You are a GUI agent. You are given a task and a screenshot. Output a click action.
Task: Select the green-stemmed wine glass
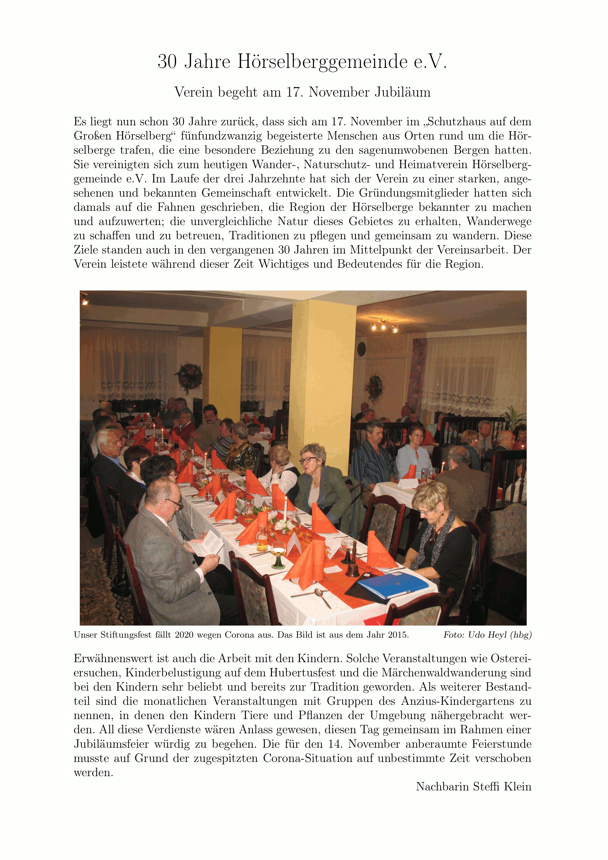click(x=278, y=554)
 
